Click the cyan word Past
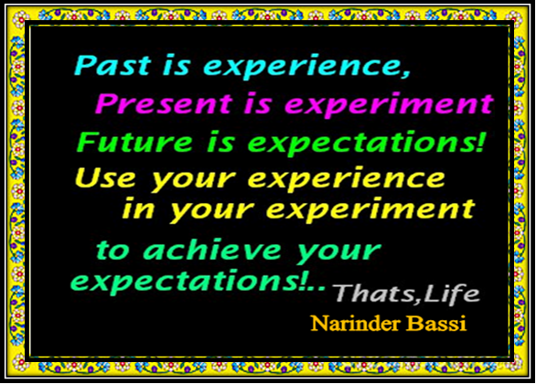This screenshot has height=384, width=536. (x=113, y=65)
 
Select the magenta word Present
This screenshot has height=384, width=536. (x=163, y=103)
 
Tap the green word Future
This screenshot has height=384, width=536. (x=134, y=142)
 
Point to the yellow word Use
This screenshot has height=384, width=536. (x=105, y=177)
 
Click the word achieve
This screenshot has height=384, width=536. (x=212, y=250)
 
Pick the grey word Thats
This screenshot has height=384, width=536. (x=373, y=293)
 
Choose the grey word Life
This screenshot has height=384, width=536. (x=451, y=293)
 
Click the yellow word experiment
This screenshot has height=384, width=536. (x=370, y=210)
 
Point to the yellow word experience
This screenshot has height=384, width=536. (x=347, y=180)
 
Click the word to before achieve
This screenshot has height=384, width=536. (x=113, y=251)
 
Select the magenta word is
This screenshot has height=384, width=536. (x=257, y=103)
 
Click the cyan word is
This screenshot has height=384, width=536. (x=176, y=65)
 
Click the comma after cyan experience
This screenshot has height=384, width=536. (x=405, y=74)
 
